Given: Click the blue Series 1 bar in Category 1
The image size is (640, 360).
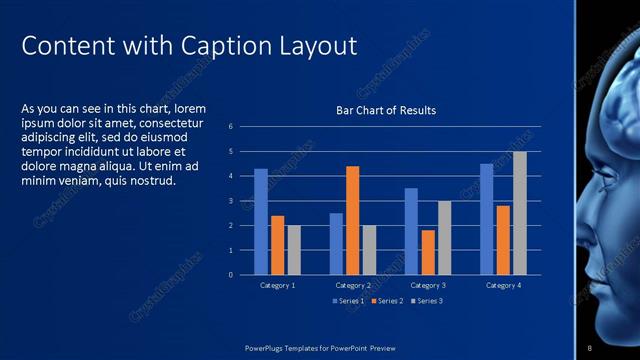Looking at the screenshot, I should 261,221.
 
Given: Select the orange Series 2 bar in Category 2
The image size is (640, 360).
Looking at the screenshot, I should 352,220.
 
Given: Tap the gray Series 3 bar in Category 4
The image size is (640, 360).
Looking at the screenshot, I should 519,213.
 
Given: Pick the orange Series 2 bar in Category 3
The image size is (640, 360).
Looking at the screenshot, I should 428,252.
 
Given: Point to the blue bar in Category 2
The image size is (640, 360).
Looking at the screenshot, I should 336,243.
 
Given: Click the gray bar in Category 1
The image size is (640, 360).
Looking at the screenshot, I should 294,249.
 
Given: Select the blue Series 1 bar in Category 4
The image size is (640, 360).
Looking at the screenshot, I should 486,219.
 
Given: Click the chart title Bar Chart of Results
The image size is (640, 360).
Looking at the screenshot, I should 385,110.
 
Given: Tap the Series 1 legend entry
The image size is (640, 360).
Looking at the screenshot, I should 347,300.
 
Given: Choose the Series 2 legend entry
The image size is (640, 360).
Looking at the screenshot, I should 387,300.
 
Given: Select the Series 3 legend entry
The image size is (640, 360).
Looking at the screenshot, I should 426,300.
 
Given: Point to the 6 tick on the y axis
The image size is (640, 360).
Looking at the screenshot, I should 230,127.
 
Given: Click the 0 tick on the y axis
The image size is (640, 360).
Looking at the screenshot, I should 230,275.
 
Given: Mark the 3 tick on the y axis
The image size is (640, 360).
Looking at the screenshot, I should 230,201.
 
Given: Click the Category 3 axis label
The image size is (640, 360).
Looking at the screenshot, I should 428,285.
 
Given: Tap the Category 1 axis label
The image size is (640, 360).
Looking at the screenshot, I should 277,285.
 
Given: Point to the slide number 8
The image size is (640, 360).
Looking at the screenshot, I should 590,347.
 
